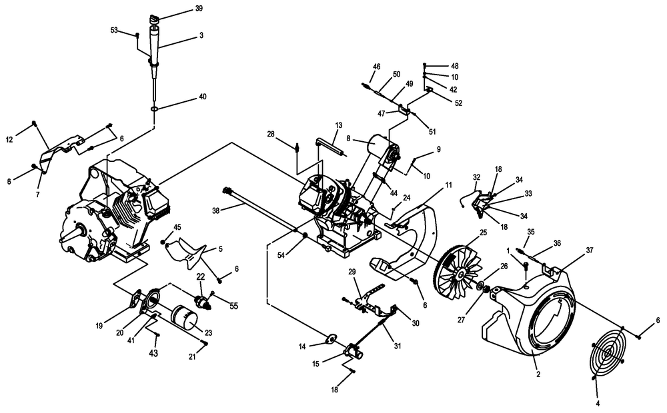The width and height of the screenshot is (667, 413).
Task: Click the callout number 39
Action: click(199, 9)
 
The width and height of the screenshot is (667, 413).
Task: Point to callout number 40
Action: click(203, 97)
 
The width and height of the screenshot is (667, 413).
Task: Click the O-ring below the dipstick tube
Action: click(155, 109)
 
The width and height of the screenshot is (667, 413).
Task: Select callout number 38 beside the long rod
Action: click(216, 210)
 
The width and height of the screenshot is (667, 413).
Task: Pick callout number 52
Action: click(458, 103)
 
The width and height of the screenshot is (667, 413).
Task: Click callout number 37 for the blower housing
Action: click(590, 250)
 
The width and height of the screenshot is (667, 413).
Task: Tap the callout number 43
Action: click(153, 353)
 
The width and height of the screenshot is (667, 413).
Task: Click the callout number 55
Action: click(234, 306)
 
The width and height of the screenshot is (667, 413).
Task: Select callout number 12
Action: click(9, 139)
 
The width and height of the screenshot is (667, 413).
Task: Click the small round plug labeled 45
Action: click(163, 242)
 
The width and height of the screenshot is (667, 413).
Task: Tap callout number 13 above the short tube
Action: click(339, 125)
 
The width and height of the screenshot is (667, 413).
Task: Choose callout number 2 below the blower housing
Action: click(538, 374)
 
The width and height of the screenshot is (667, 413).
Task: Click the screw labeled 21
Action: click(206, 343)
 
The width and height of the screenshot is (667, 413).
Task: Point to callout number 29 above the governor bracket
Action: click(352, 272)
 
